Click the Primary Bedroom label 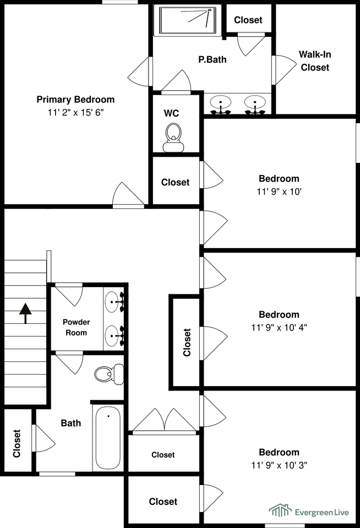coord(75,100)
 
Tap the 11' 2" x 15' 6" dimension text coord(75,112)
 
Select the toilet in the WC coord(173,137)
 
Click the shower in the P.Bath coord(187,20)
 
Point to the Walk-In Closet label coord(315,61)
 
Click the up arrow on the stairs coord(25,313)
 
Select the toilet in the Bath coord(109,374)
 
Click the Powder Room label coord(76,327)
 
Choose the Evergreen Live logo coord(309,510)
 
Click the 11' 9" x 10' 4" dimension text coord(279,327)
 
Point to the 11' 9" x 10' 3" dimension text coord(279,465)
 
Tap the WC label coord(171,113)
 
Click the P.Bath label coord(212,59)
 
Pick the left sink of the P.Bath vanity coord(220,105)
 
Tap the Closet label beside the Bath coord(17,443)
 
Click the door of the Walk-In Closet coord(284,70)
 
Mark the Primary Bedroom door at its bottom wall coord(128,195)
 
